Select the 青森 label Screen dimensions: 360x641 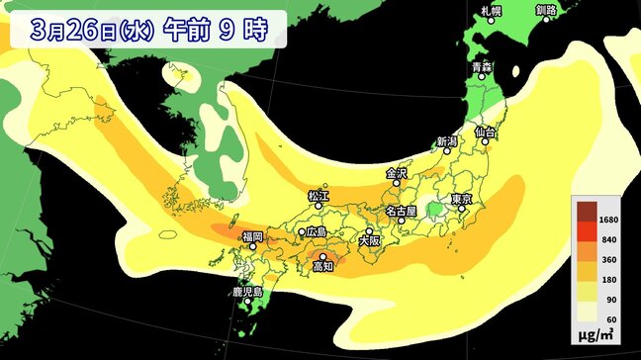482,67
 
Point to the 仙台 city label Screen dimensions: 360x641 485,132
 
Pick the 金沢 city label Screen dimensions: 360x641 397,173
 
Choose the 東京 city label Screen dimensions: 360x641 462,200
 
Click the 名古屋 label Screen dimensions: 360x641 401,211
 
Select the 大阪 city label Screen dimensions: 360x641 368,239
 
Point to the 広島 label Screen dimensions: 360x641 317,231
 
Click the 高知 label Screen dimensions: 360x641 322,267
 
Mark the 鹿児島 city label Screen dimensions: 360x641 245,293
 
